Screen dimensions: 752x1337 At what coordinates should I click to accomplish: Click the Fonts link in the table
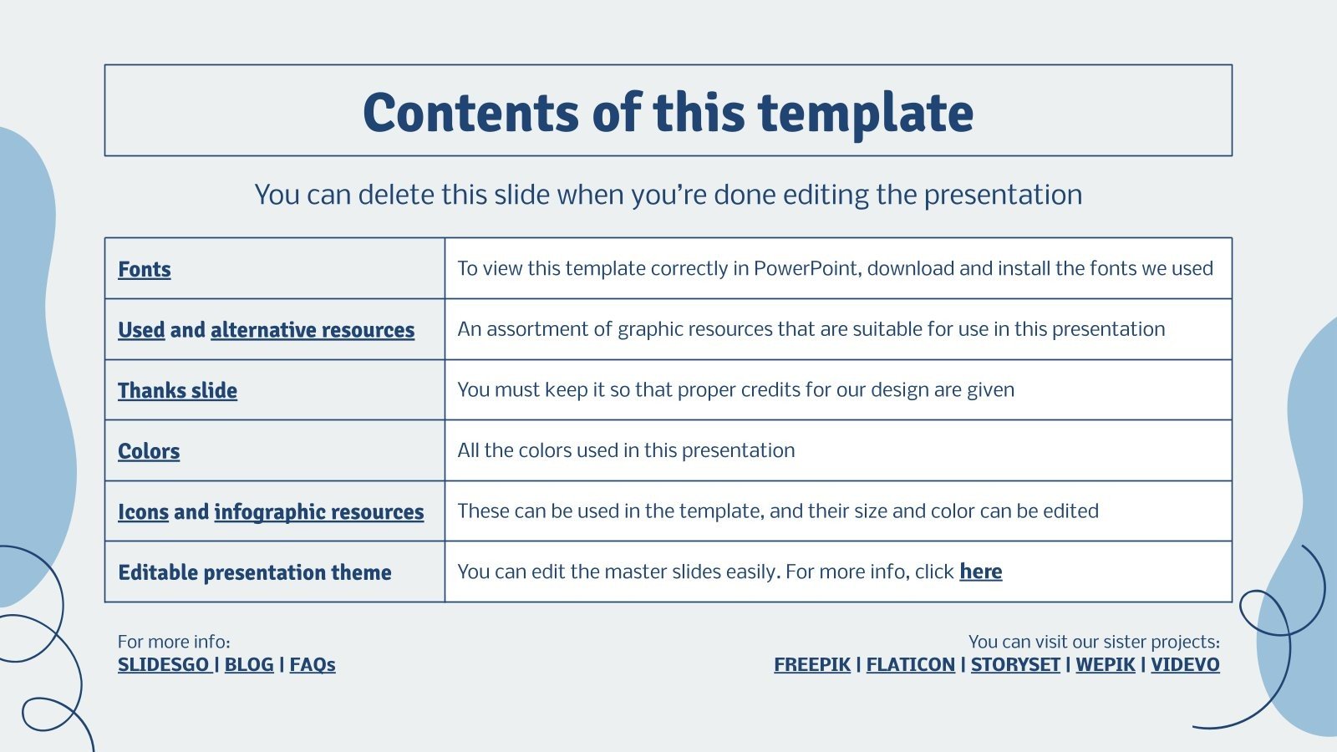pos(144,269)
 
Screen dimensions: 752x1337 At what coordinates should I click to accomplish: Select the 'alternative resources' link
pos(312,330)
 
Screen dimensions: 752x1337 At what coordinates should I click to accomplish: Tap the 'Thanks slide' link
pos(177,390)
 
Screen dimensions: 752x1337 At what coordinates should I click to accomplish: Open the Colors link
pos(149,451)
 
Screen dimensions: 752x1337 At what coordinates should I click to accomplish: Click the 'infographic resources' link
pos(318,511)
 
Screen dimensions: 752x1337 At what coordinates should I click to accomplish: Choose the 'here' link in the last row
pos(980,572)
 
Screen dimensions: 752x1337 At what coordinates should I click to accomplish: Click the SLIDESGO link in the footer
pos(164,664)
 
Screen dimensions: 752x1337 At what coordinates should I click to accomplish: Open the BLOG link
pos(249,664)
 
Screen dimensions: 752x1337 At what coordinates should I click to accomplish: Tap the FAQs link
pos(313,664)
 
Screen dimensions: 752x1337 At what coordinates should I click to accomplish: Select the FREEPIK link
pos(811,664)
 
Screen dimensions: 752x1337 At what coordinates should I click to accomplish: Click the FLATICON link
pos(910,664)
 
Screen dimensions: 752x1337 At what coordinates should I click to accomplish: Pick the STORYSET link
pos(1014,664)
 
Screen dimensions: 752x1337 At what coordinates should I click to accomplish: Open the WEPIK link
pos(1105,664)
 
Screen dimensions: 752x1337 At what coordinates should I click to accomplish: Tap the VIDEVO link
pos(1185,664)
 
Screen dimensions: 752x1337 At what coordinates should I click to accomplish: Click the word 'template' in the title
pos(866,113)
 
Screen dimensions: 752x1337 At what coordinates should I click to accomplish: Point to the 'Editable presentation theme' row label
pos(255,572)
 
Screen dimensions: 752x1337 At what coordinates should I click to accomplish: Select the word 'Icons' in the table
pos(143,511)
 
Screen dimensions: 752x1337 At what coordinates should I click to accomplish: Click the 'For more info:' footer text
pos(174,642)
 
